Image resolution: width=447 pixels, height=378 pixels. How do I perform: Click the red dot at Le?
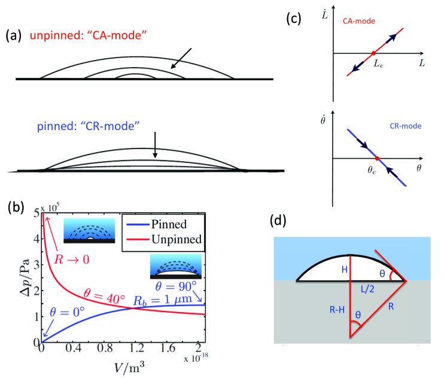[373, 53]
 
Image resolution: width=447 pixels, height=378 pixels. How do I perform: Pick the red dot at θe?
[376, 158]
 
